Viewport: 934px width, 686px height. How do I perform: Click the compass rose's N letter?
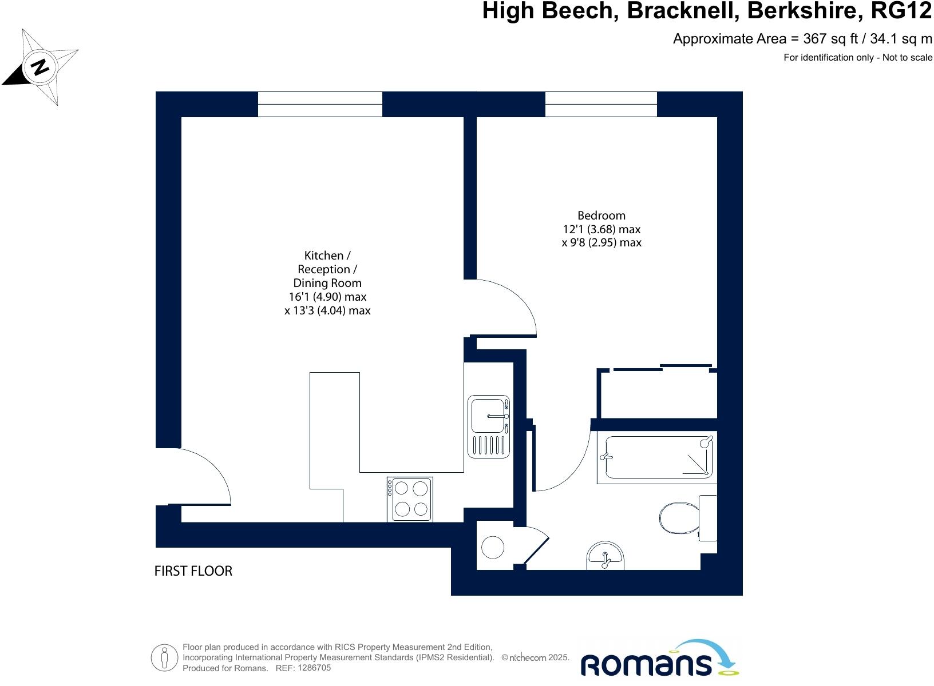[40, 67]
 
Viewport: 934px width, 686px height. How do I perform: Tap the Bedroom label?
[601, 216]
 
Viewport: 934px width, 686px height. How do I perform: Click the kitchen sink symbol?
[488, 426]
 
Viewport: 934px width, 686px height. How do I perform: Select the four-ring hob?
[410, 499]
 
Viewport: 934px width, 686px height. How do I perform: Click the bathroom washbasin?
[605, 556]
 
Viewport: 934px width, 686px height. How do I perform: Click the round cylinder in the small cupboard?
[492, 547]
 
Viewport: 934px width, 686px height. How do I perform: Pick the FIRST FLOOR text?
[193, 571]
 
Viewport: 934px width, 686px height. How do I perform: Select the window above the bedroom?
[601, 104]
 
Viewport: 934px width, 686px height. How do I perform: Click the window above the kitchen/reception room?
[320, 104]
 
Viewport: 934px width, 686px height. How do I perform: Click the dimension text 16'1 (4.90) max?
[327, 297]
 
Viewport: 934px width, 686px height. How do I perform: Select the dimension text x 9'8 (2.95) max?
[601, 242]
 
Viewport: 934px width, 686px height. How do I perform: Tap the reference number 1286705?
[311, 668]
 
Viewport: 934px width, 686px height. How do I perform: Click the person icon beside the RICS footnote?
[165, 658]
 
